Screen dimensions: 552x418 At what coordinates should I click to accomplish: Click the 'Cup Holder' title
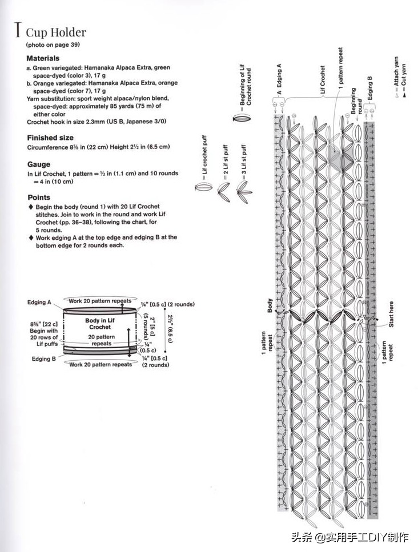[x=56, y=33]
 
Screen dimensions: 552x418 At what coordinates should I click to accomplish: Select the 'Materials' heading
[x=43, y=58]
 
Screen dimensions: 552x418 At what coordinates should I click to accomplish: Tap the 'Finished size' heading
[x=50, y=138]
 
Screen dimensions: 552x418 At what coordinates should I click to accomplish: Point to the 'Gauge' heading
[x=39, y=164]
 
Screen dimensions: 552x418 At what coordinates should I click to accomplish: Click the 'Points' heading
[x=38, y=197]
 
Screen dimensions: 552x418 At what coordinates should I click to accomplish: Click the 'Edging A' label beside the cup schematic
[x=39, y=302]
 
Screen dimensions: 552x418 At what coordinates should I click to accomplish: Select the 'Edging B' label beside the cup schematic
[x=43, y=359]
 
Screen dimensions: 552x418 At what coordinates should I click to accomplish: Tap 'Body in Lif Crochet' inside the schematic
[x=100, y=324]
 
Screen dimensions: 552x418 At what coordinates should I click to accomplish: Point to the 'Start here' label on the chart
[x=392, y=314]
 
